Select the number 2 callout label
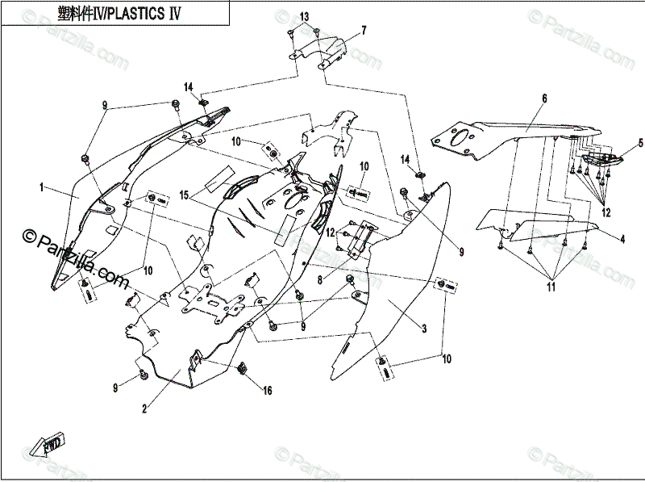144,409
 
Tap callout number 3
422,329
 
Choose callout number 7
364,31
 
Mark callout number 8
319,280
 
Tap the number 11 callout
551,287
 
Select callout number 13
304,17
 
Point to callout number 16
268,390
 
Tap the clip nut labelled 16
242,370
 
